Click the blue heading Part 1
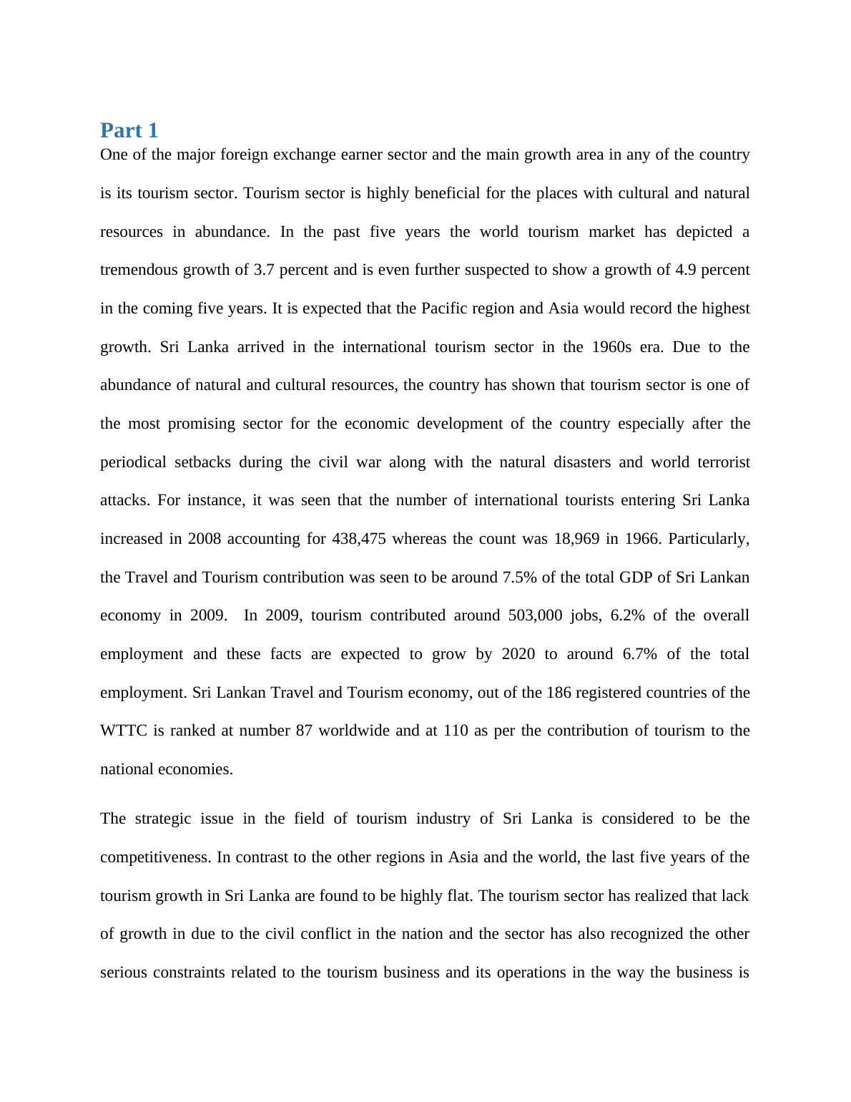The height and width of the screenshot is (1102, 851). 129,130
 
